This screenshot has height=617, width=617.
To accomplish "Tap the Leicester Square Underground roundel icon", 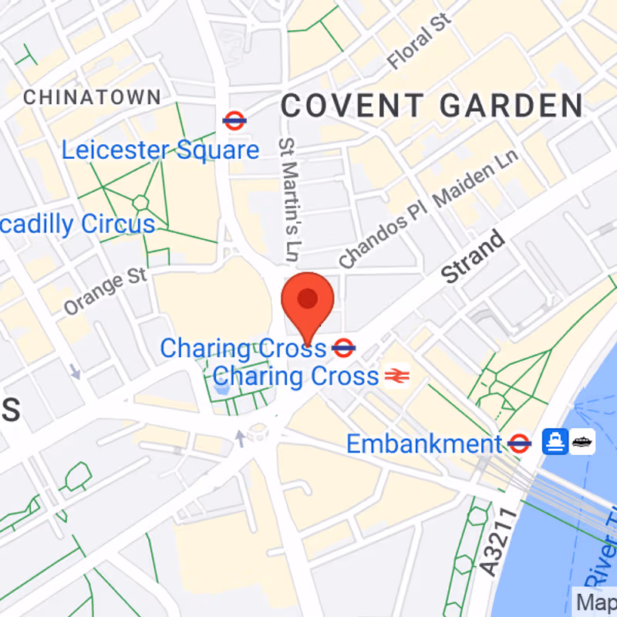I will click(x=234, y=120).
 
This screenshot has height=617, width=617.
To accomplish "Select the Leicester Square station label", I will click(x=160, y=150).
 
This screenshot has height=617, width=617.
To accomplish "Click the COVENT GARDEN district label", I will click(x=432, y=106).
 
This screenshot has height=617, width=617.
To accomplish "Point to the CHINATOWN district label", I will click(x=93, y=97).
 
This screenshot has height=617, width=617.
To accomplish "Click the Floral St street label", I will click(x=420, y=41).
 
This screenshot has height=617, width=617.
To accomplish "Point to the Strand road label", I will click(x=474, y=258).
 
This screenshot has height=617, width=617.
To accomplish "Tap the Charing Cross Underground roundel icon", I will click(x=343, y=349).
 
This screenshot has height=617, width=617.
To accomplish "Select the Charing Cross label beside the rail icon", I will click(x=296, y=376).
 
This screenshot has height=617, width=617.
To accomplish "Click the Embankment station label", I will click(x=424, y=444).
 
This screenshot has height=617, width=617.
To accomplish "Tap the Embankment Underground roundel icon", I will click(x=520, y=443).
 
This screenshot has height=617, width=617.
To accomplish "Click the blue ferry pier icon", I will click(x=554, y=441).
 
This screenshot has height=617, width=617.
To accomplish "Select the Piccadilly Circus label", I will click(x=77, y=224).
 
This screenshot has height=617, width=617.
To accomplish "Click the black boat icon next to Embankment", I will click(x=582, y=441).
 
